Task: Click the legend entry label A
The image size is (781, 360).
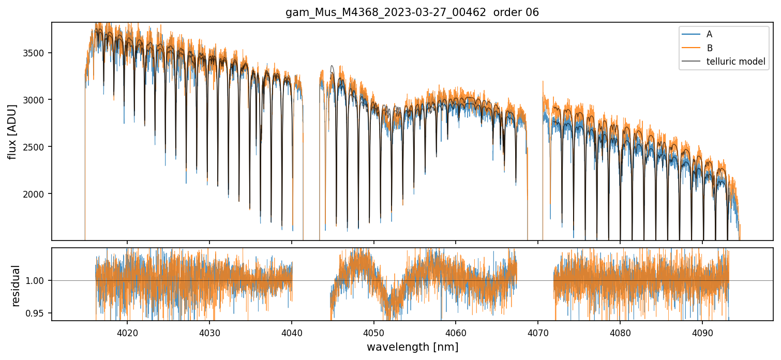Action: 709,34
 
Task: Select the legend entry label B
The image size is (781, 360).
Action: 709,48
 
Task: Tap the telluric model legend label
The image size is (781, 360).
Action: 735,62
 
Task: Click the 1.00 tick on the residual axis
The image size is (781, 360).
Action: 39,280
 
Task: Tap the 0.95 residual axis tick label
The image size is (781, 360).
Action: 39,313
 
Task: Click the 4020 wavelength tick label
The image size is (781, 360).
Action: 127,331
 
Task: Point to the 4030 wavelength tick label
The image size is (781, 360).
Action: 209,331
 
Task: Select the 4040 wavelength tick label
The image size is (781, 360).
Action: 292,331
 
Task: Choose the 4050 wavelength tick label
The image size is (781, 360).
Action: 373,331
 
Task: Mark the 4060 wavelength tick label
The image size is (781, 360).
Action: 456,331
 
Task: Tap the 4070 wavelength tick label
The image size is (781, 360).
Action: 538,331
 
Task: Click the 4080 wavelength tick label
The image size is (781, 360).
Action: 620,331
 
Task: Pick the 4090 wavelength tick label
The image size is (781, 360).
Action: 702,331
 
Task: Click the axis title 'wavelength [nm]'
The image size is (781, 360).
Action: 412,347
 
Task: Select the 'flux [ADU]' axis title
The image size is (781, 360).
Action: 12,131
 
